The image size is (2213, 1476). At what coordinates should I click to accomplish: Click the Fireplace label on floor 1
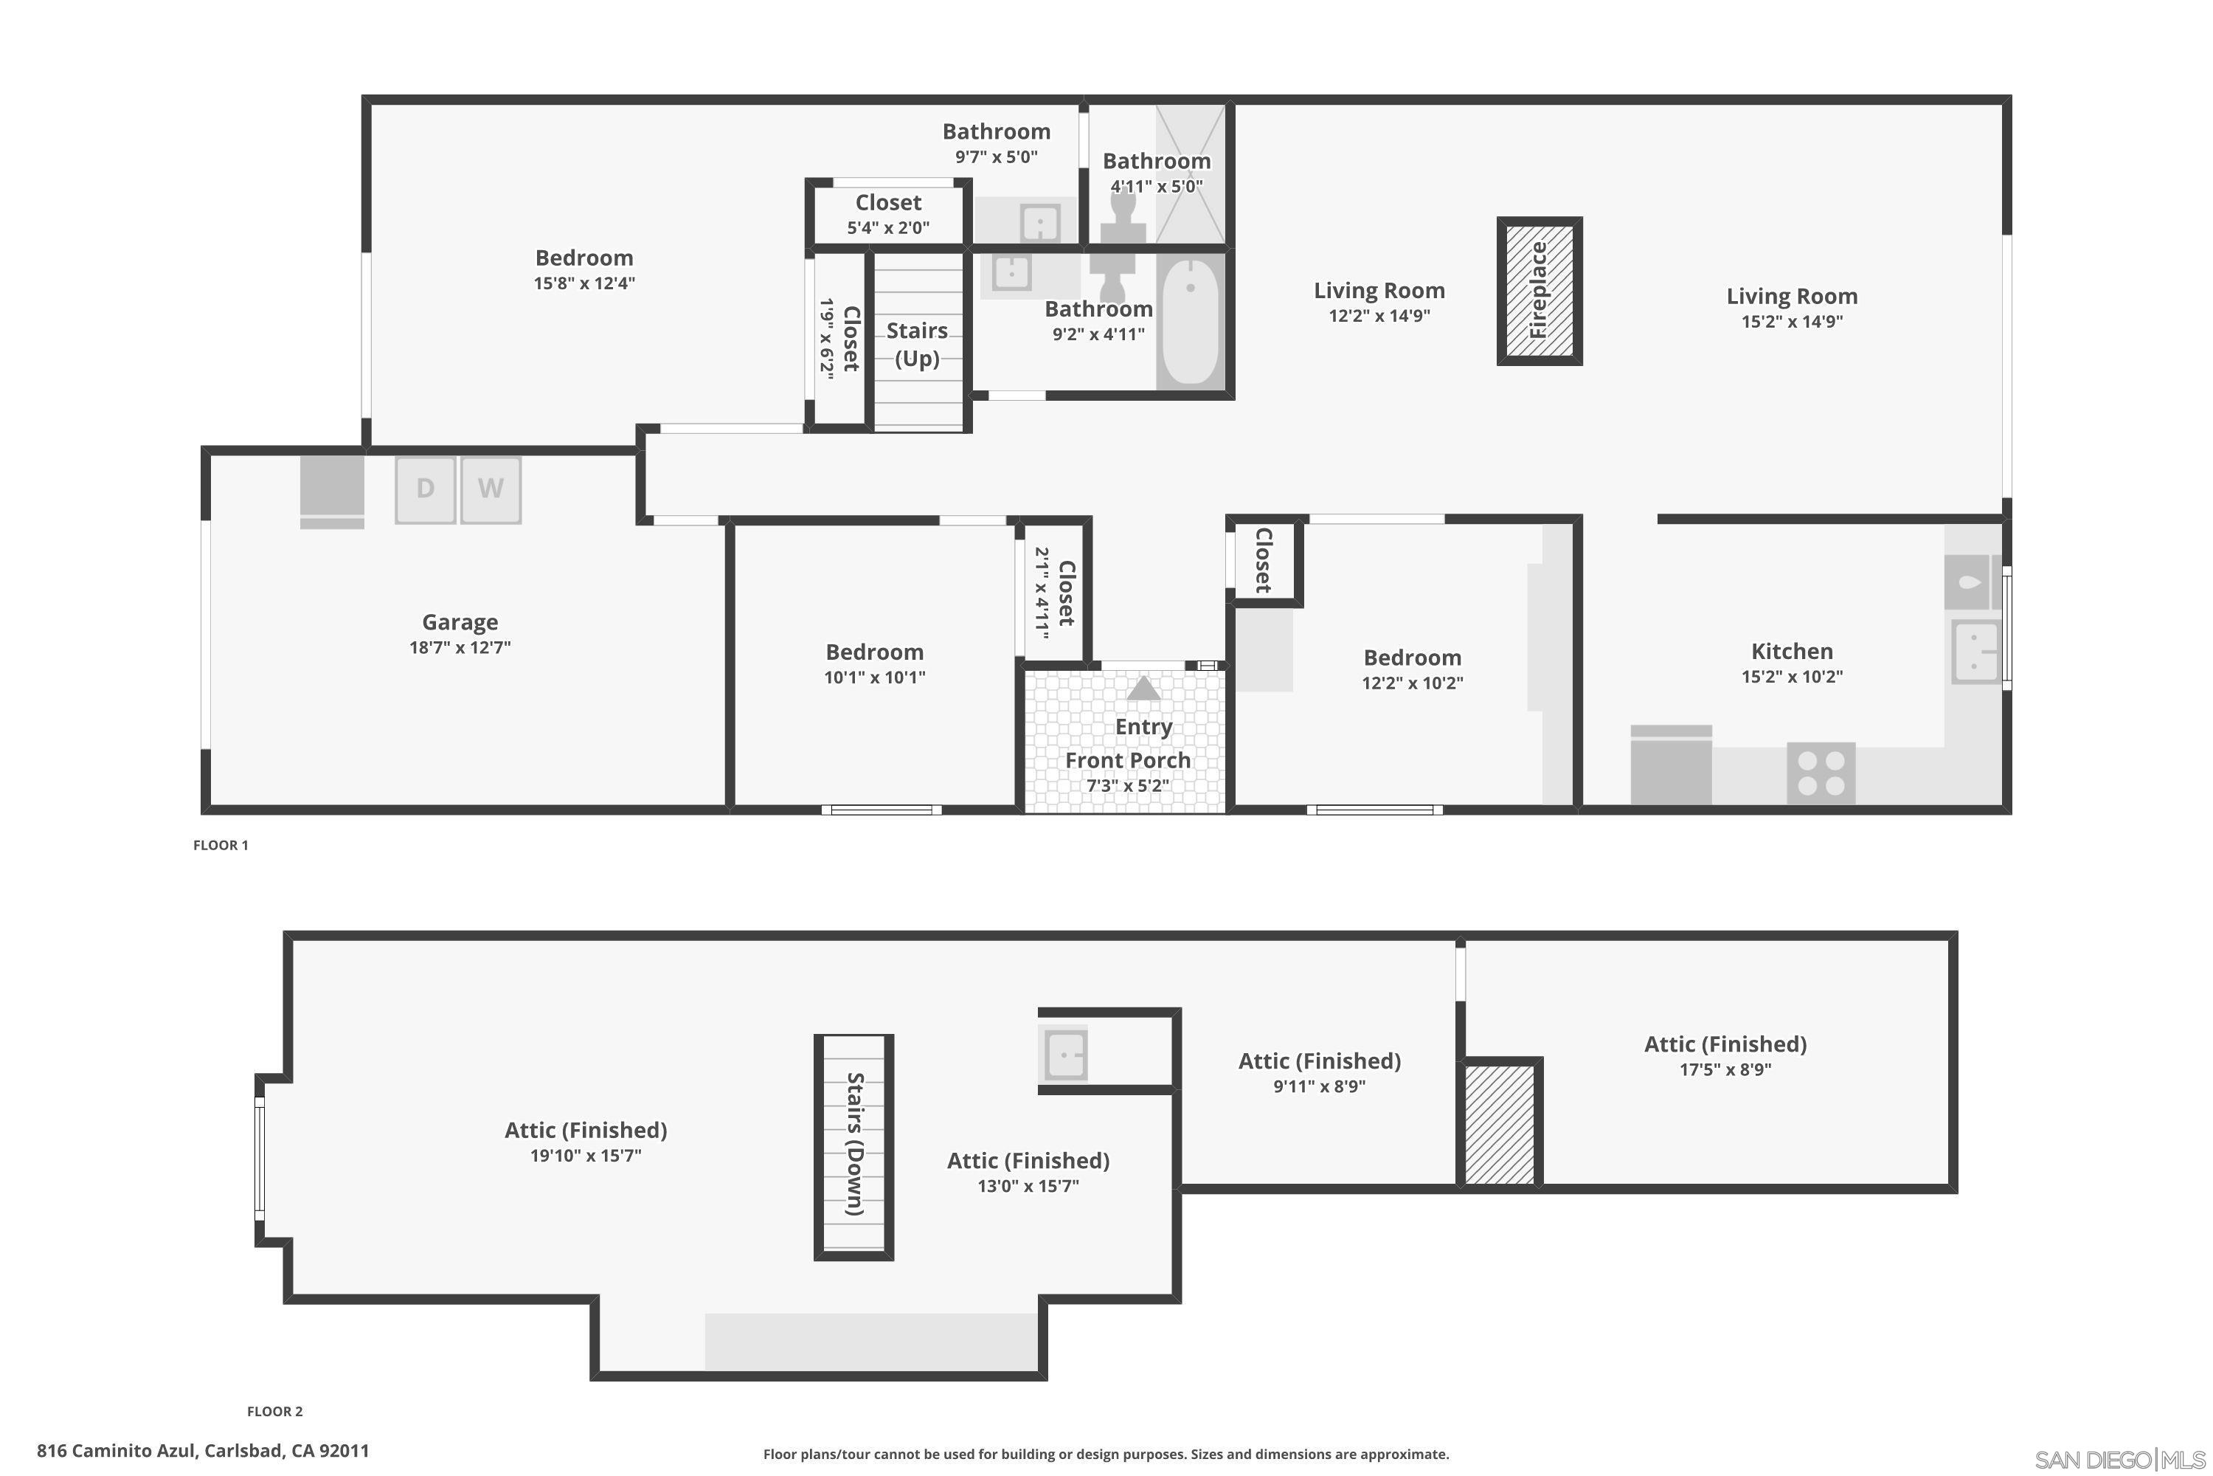click(x=1540, y=291)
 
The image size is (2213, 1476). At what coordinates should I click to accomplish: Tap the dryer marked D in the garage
click(x=426, y=489)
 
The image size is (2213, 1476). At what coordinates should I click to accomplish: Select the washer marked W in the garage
click(x=491, y=489)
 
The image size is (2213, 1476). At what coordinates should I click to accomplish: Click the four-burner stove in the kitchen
click(x=1821, y=773)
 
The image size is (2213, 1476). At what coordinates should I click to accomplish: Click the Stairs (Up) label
click(x=918, y=344)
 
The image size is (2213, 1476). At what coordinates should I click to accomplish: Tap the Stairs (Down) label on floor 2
click(x=854, y=1144)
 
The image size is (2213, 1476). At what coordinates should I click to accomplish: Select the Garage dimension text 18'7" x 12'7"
click(x=460, y=648)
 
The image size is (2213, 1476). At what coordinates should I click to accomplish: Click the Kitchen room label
click(x=1792, y=652)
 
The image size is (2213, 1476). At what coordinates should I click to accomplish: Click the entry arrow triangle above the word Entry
click(x=1143, y=689)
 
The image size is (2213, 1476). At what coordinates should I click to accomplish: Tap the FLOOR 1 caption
click(x=221, y=845)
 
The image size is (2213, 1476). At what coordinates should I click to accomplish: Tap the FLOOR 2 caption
click(x=274, y=1411)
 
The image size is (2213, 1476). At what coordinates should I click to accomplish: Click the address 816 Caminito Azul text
click(x=204, y=1451)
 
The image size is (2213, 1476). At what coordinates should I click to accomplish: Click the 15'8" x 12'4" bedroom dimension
click(x=584, y=283)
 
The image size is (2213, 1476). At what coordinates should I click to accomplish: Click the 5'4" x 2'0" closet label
click(x=888, y=227)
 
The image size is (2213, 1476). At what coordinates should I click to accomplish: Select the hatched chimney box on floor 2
click(x=1500, y=1124)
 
